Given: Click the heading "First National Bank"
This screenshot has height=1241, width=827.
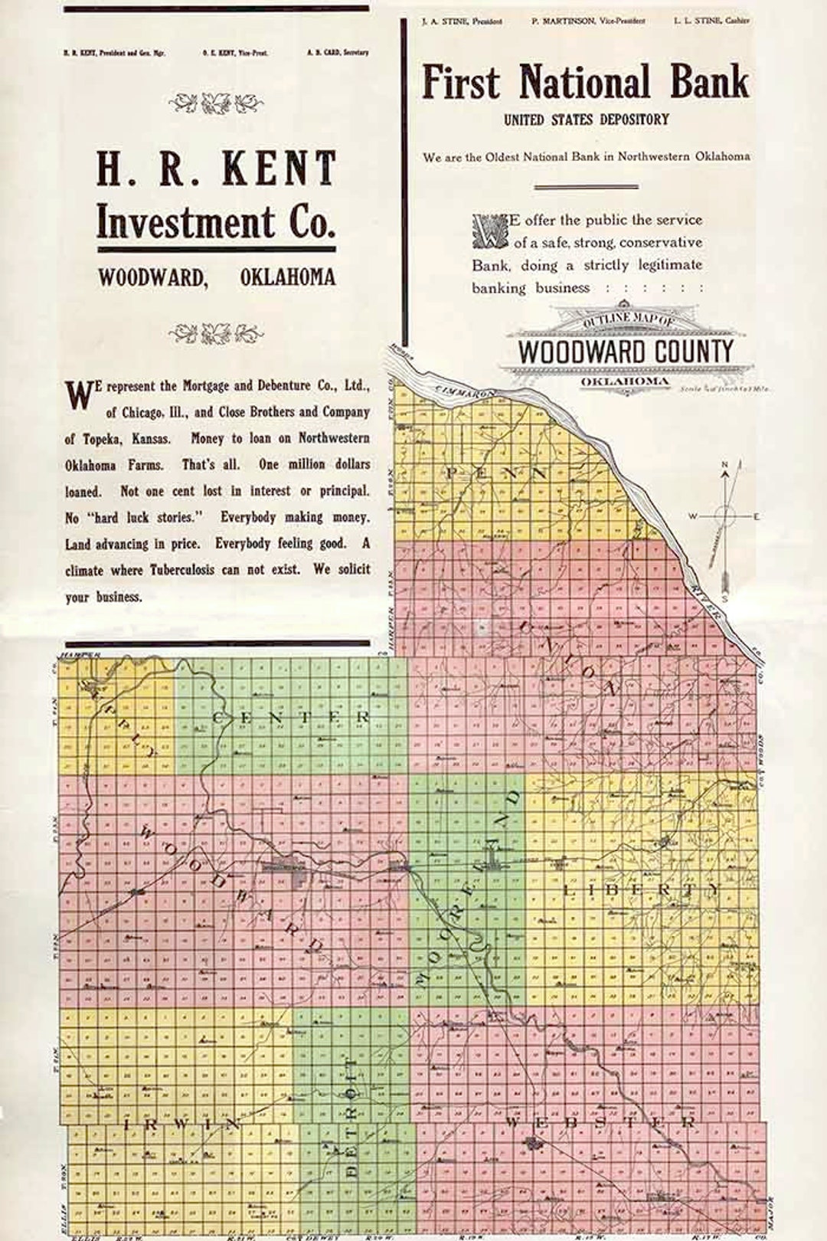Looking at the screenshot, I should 585,83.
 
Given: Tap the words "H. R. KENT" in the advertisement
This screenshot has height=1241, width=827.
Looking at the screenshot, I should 216,169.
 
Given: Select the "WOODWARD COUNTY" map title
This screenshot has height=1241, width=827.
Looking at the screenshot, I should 626,352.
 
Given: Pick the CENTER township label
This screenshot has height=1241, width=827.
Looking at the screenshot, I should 291,718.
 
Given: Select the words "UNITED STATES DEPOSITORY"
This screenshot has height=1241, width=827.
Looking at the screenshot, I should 586,120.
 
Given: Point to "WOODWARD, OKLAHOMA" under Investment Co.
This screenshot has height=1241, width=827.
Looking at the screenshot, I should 216,277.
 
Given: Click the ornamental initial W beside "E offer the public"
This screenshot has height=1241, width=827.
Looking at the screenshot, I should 489,231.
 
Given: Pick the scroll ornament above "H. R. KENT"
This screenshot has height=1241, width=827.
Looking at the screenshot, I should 216,103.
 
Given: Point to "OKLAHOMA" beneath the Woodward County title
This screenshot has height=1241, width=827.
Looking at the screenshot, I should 624,381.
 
